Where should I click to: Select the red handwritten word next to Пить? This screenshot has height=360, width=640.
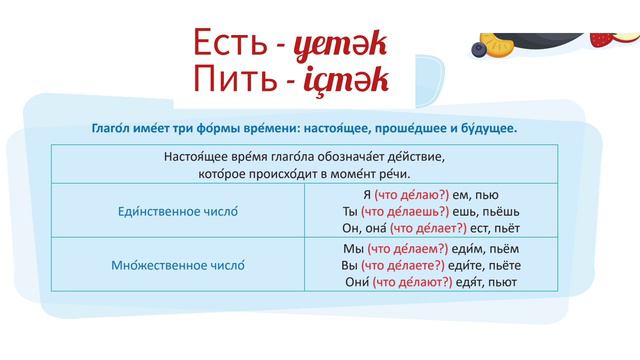click(x=346, y=84)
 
